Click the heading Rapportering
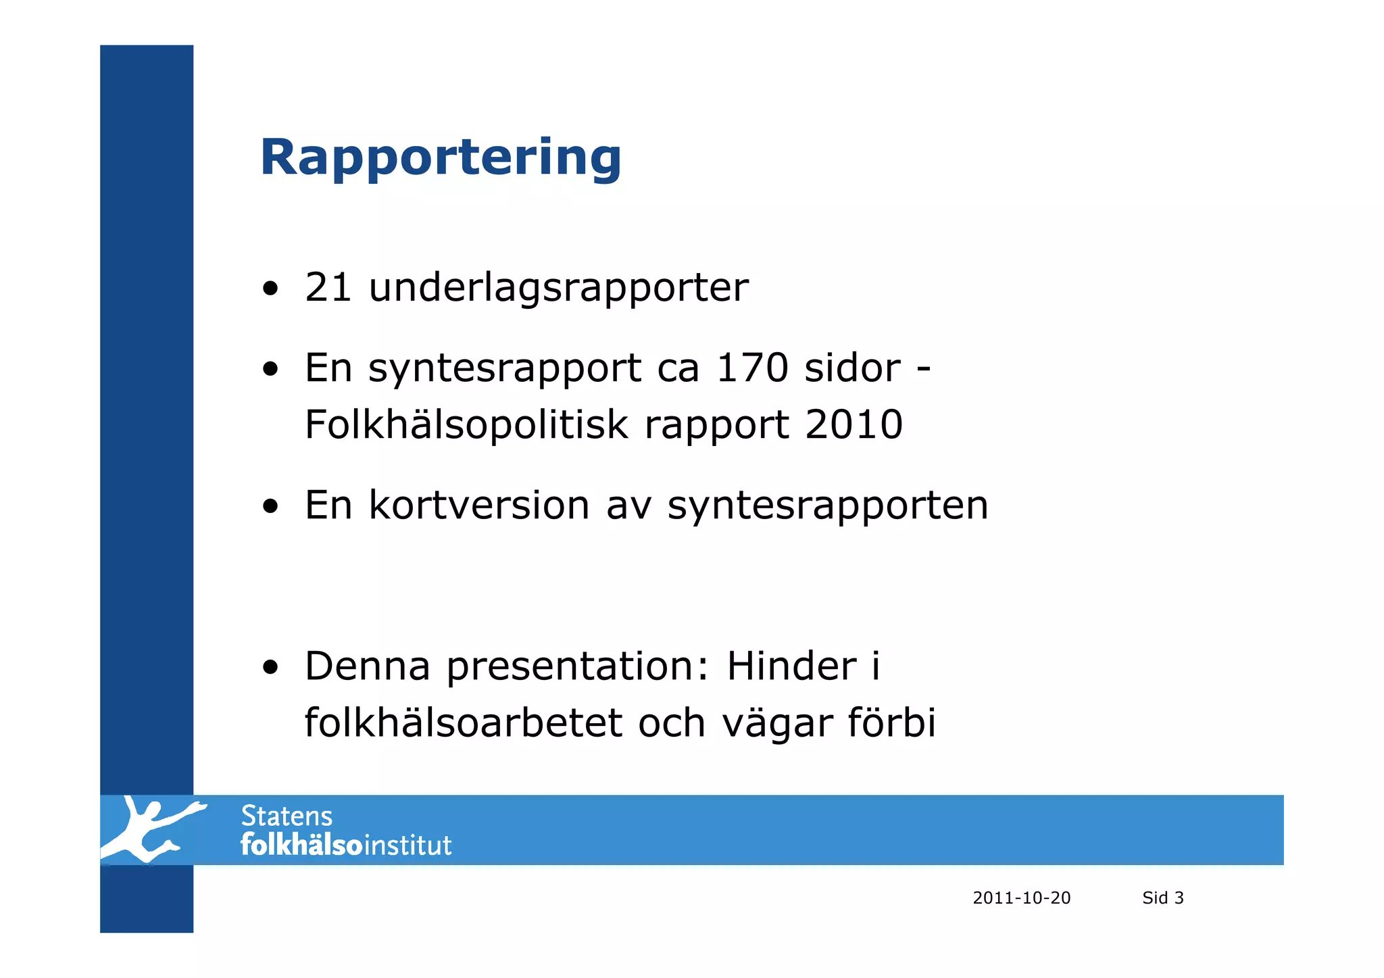441,158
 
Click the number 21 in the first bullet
328,287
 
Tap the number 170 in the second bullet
752,368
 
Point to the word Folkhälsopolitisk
466,425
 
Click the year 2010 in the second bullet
854,424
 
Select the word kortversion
479,505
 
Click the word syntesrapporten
828,506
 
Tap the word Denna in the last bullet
367,666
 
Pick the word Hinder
791,666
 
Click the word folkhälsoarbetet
463,723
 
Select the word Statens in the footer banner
287,816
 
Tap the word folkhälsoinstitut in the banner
346,846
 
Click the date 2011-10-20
1021,898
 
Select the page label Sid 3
1162,898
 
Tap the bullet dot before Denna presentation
270,668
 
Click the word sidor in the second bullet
852,368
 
